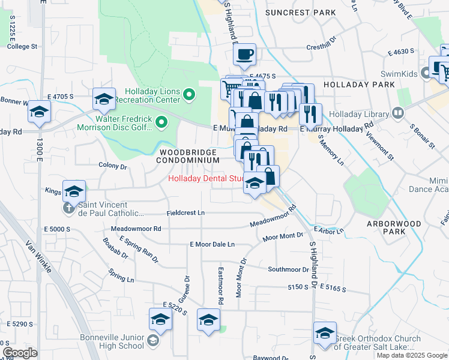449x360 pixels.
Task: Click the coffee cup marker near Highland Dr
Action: pos(244,55)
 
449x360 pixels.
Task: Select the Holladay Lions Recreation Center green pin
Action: pos(189,94)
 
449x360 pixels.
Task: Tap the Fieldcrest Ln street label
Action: pos(185,213)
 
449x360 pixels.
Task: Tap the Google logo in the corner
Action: pos(20,353)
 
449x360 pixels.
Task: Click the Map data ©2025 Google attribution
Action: pos(411,355)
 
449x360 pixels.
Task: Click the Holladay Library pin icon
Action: pos(397,112)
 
